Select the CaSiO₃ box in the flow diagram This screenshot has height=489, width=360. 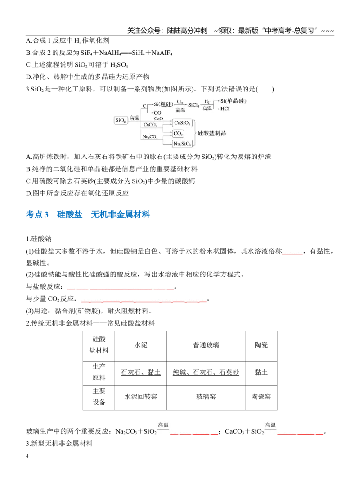tap(182, 123)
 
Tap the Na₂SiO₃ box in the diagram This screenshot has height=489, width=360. tap(182, 144)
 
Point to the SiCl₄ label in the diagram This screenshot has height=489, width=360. tap(193, 105)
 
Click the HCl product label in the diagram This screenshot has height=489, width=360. tap(225, 109)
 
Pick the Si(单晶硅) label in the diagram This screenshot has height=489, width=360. tap(233, 101)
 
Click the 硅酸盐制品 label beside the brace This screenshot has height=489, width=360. tap(212, 133)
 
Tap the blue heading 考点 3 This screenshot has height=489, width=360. tap(37, 215)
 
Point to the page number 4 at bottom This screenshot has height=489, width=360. tap(27, 456)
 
